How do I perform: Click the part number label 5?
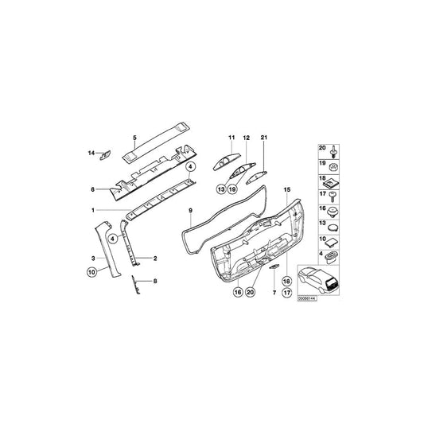point(134,138)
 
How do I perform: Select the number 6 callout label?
point(92,189)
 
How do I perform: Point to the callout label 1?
point(92,210)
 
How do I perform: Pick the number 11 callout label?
point(231,138)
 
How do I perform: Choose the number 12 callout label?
point(247,138)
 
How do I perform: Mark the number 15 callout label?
point(287,190)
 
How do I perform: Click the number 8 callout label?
point(156,282)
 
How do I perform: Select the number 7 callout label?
point(274,294)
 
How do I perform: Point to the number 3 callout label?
point(94,259)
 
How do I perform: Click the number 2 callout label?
point(154,259)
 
